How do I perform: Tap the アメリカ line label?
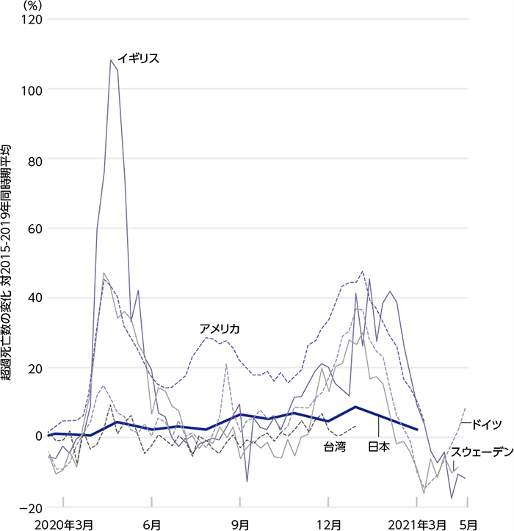(x=220, y=328)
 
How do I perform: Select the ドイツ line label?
(x=486, y=424)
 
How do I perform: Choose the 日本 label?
(x=378, y=446)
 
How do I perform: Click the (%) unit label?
(x=33, y=5)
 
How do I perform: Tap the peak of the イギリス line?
(x=111, y=60)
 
